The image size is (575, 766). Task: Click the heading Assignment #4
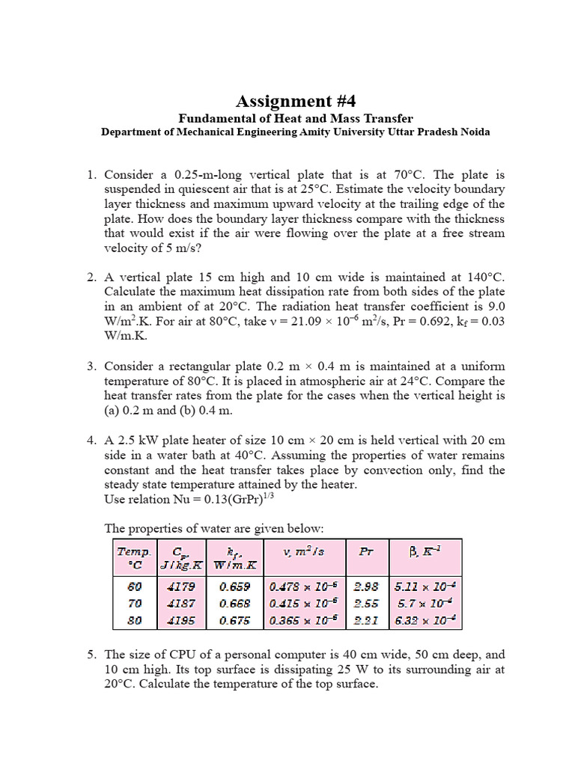pyautogui.click(x=290, y=101)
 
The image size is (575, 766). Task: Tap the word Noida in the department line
pyautogui.click(x=470, y=132)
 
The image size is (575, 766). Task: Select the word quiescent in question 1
pyautogui.click(x=214, y=189)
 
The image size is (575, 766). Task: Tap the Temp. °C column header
pyautogui.click(x=134, y=557)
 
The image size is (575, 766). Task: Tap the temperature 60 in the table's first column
pyautogui.click(x=134, y=587)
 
